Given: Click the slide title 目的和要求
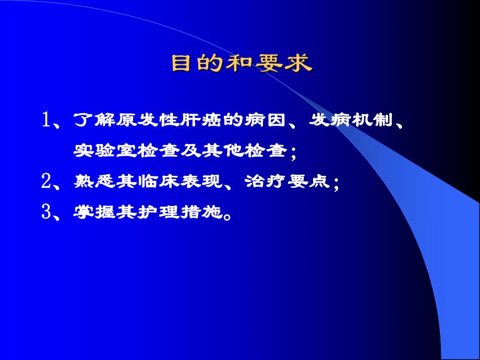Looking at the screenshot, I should [242, 64].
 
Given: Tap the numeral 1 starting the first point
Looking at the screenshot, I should [46, 121].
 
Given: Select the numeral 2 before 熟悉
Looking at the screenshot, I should [46, 181].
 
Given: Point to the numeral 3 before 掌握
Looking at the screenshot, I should [46, 212].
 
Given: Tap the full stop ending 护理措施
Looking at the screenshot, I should [226, 215].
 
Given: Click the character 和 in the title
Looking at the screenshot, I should [242, 64].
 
